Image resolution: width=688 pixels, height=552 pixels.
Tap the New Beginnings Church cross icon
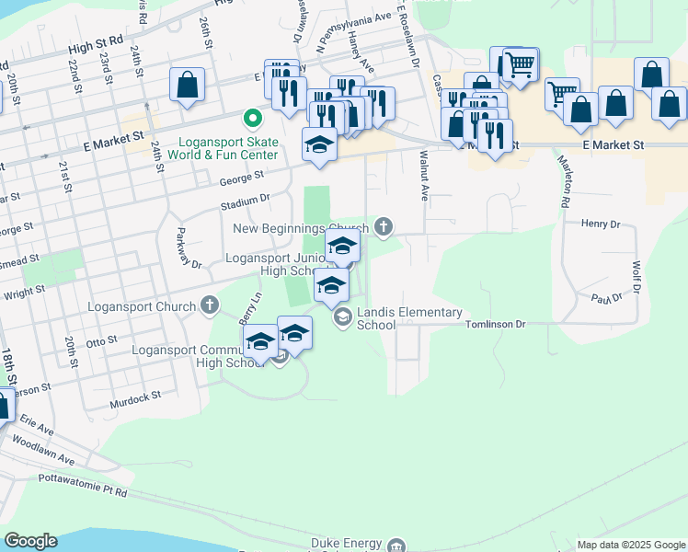click(383, 226)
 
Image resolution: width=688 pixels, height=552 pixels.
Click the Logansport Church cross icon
click(210, 305)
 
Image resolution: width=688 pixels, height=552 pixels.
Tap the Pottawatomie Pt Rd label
click(83, 485)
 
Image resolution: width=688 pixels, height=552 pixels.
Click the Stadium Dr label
click(245, 200)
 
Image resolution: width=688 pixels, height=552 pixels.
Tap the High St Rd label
click(96, 42)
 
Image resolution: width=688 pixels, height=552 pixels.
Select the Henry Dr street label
click(602, 223)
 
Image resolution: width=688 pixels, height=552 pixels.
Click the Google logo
click(30, 541)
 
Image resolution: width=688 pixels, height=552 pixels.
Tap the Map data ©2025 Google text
click(630, 545)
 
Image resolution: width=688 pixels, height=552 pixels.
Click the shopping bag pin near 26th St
click(187, 86)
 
